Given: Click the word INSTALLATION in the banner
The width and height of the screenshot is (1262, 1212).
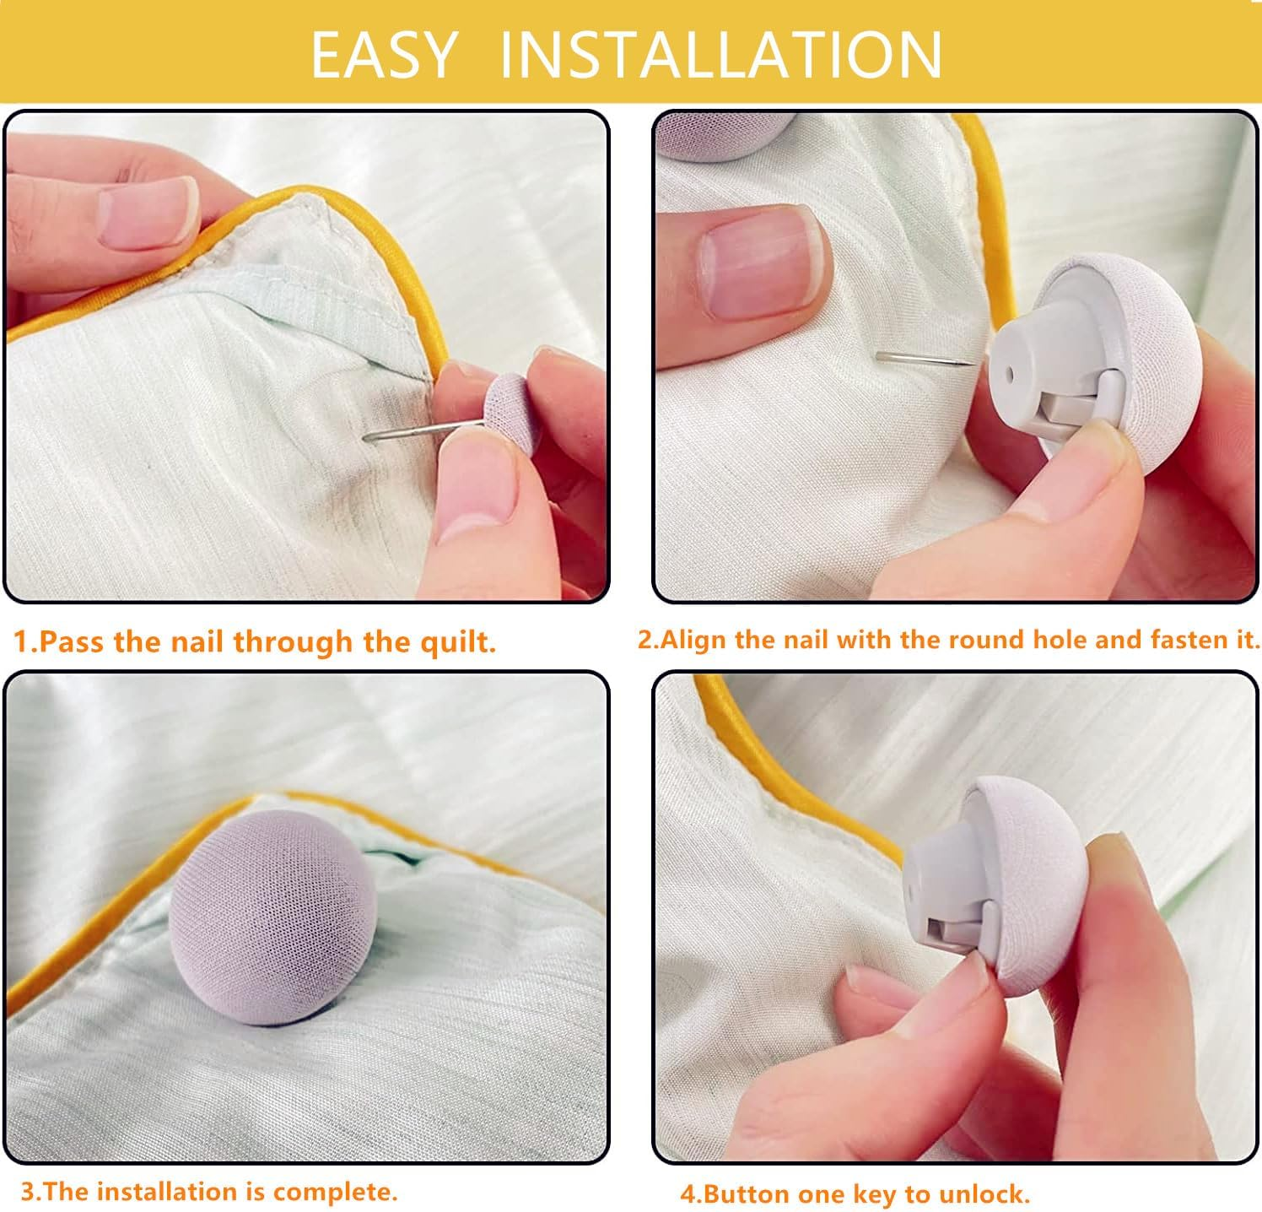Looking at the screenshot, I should tap(720, 54).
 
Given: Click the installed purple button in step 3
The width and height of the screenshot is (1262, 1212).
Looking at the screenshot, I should tap(272, 920).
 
